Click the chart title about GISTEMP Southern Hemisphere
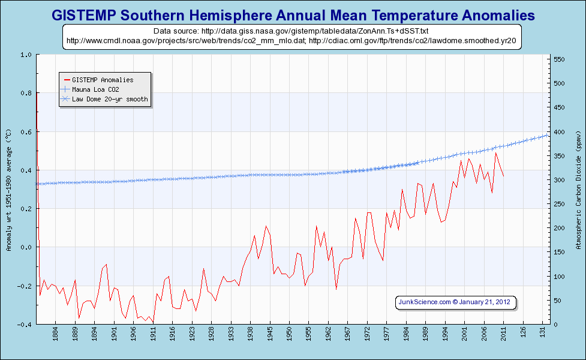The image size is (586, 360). pyautogui.click(x=293, y=15)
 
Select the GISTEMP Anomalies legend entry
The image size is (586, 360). pyautogui.click(x=103, y=80)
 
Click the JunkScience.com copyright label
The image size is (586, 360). pyautogui.click(x=456, y=302)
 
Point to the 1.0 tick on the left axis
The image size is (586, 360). pyautogui.click(x=26, y=55)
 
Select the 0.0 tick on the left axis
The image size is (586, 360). pyautogui.click(x=26, y=247)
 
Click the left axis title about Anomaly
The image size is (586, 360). pyautogui.click(x=8, y=189)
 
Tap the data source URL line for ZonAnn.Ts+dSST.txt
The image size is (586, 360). pyautogui.click(x=292, y=30)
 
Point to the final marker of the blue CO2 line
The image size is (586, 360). pyautogui.click(x=546, y=135)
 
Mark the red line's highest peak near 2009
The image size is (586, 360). pyautogui.click(x=495, y=153)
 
